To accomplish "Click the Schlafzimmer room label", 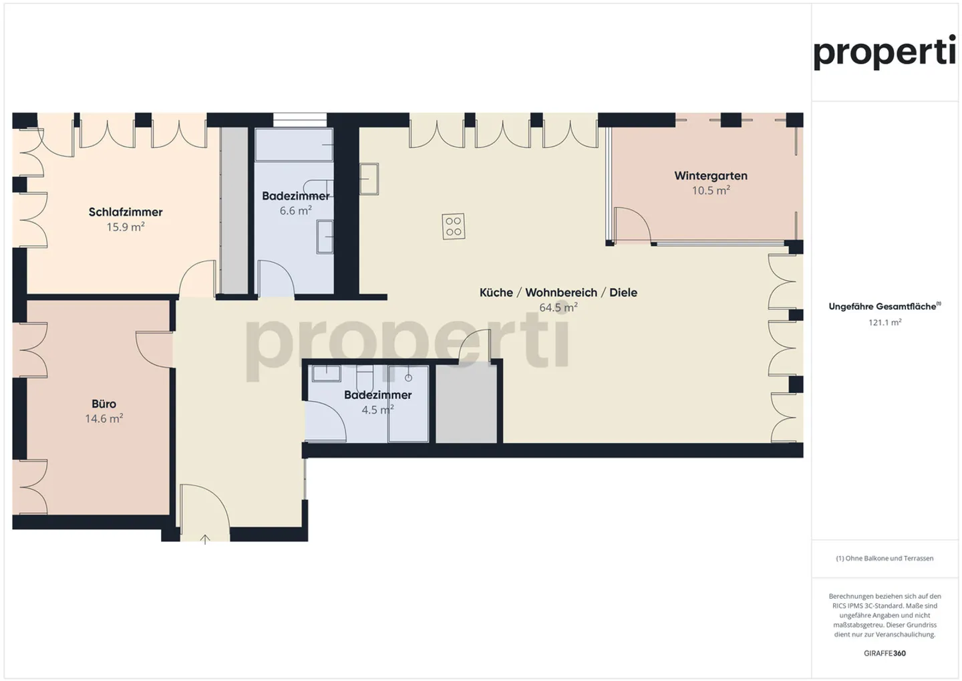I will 126,212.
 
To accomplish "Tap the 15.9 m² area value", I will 126,227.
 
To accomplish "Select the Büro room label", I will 104,404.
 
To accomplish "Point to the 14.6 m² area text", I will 104,419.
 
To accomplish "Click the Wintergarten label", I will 711,176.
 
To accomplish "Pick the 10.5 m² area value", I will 711,190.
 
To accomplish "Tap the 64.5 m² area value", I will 558,307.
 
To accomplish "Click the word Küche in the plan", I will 496,293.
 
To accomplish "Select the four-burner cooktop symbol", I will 454,227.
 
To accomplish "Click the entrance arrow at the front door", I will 205,539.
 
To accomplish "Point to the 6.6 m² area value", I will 295,211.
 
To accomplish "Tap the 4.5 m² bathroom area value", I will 377,410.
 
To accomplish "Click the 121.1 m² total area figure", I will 885,322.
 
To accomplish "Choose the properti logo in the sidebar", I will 885,52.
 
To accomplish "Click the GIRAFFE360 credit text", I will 885,653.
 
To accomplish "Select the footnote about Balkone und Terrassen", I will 885,558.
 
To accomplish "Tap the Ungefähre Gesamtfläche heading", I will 883,307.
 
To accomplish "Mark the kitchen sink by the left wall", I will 369,178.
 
